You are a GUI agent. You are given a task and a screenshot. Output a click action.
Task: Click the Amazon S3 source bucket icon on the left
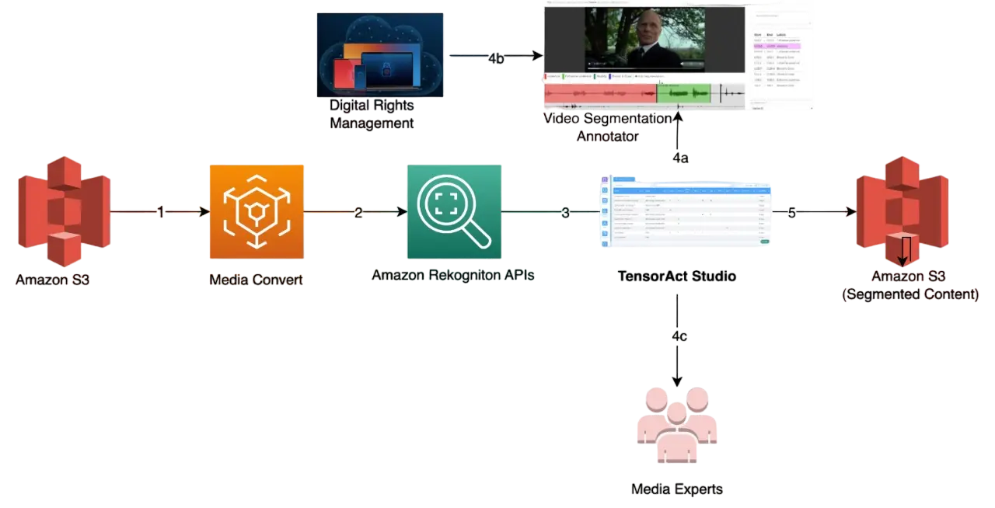click(x=65, y=211)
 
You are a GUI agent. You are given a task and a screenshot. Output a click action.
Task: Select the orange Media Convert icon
click(x=256, y=211)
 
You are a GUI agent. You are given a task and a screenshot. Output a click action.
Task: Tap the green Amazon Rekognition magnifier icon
click(x=454, y=211)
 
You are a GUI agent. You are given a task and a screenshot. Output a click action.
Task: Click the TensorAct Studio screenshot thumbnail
click(x=686, y=213)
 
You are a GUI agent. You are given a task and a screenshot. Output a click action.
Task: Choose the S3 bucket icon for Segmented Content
click(x=902, y=211)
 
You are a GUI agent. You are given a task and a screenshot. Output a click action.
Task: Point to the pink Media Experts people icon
click(x=677, y=426)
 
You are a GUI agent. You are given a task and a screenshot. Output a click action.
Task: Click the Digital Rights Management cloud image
click(x=381, y=54)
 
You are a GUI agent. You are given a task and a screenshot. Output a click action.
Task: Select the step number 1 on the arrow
click(x=160, y=212)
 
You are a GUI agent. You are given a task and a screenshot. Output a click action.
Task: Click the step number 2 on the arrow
click(x=358, y=212)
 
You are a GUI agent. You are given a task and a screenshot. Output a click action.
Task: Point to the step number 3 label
click(x=565, y=212)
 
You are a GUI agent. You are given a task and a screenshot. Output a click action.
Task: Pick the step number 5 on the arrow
click(x=791, y=212)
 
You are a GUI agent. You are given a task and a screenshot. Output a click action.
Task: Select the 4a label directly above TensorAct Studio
click(x=680, y=158)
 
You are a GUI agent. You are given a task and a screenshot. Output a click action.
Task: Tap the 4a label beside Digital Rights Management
click(x=497, y=58)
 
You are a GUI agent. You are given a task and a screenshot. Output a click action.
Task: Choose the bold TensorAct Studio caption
click(x=676, y=276)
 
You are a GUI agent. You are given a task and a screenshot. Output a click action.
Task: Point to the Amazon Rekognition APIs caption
click(x=453, y=276)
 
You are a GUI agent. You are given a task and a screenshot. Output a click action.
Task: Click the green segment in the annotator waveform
click(x=684, y=93)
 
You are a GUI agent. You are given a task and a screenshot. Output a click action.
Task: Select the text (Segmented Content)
click(x=911, y=295)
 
